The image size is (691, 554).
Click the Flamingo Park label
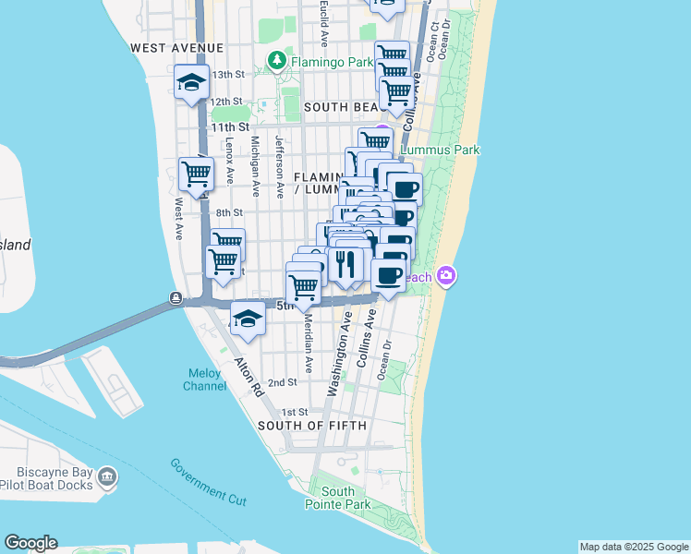coord(332,62)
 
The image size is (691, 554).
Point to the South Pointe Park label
coord(338,498)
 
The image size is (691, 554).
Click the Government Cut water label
coord(208,480)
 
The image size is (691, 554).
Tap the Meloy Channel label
coord(203,379)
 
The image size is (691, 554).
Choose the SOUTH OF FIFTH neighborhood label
coord(312,426)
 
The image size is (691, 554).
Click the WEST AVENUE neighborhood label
coord(177,47)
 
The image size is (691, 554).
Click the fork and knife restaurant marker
coord(345,264)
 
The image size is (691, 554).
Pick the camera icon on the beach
coord(446,276)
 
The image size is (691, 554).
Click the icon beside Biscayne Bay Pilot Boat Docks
coord(107,476)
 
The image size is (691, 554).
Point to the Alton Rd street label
coord(248,379)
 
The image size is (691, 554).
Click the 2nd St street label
coord(282,382)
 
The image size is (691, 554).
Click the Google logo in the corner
coord(30,543)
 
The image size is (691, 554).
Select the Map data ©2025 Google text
coord(633,547)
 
